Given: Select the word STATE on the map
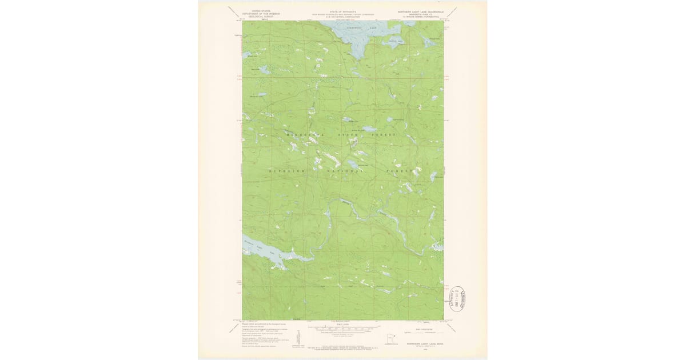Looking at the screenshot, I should (x=349, y=134).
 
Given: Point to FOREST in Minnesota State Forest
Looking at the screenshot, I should (x=384, y=134).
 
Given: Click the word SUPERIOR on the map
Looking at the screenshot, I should (x=288, y=171).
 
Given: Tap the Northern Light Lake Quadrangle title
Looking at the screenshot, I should (x=419, y=11).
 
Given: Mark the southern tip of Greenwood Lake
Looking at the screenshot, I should (x=356, y=57).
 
